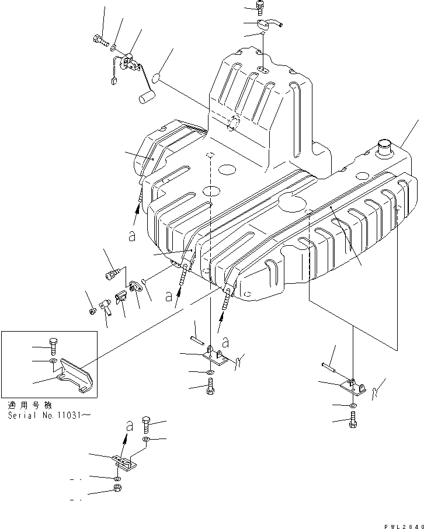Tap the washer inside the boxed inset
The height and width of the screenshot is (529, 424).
pyautogui.click(x=54, y=362)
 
